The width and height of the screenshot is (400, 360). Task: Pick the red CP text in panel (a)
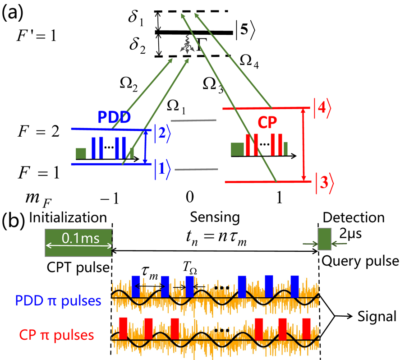pos(268,122)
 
